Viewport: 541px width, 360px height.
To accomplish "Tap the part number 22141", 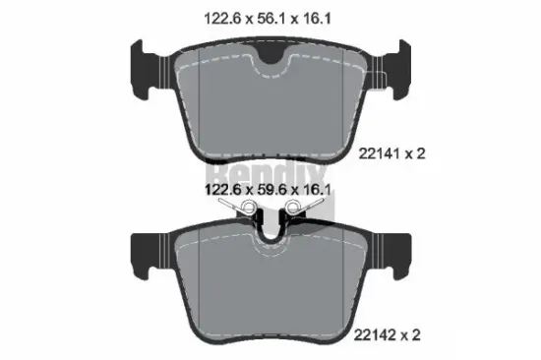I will click(380, 154).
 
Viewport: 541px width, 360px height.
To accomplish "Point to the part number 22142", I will click(380, 335).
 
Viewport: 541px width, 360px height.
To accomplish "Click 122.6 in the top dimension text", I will click(220, 17).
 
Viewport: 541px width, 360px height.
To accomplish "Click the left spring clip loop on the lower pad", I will click(250, 208).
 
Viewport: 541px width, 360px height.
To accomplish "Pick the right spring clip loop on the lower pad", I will click(292, 208).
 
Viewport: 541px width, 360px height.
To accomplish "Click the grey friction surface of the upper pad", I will click(270, 108).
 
